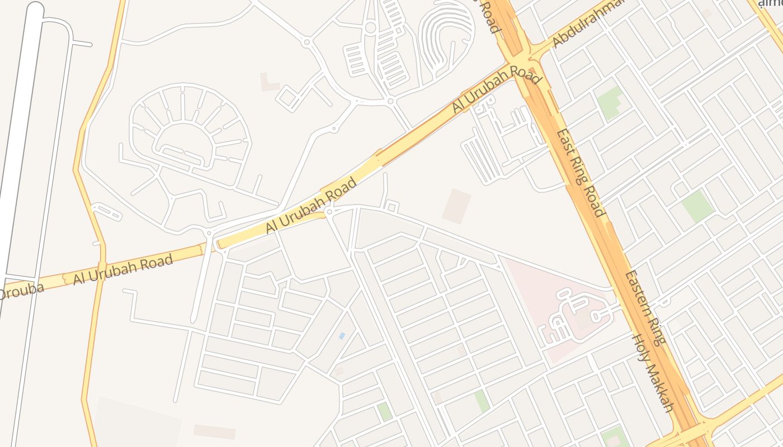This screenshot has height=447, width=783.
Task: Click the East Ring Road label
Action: pos(579,173)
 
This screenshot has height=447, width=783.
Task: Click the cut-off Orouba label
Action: pos(21,290)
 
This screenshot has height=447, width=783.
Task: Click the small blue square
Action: pos(342,335)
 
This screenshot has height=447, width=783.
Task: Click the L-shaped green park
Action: pos(610,102)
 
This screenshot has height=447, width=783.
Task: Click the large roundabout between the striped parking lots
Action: pos(370,27)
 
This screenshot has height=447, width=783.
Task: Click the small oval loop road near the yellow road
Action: pos(106,212)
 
